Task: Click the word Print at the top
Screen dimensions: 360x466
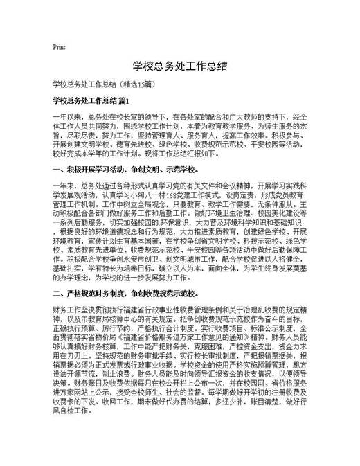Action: pos(59,47)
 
